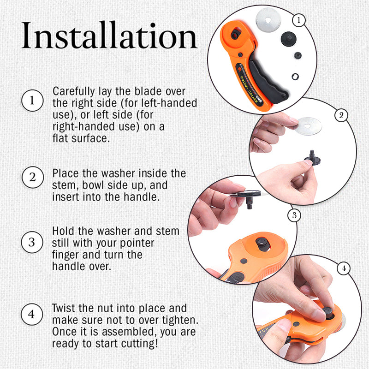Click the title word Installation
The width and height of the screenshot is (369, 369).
click(109, 36)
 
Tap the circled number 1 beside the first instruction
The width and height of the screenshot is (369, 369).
click(32, 101)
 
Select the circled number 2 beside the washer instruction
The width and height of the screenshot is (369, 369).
click(32, 178)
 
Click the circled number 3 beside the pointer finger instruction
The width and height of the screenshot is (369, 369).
click(32, 242)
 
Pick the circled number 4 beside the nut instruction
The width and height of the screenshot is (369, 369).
click(32, 315)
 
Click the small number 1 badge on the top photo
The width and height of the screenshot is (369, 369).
click(299, 20)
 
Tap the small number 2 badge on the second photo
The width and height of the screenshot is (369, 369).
click(341, 115)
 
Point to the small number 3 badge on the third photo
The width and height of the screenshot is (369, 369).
click(293, 215)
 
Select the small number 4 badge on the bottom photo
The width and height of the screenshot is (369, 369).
click(343, 268)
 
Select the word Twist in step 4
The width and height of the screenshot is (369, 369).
click(64, 308)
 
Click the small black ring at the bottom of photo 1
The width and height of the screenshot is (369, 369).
click(296, 76)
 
